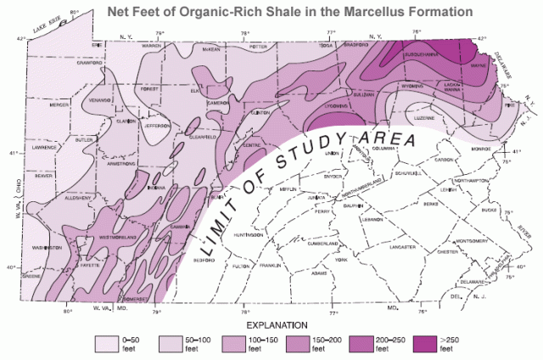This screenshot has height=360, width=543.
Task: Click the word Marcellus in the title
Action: (x=372, y=11)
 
